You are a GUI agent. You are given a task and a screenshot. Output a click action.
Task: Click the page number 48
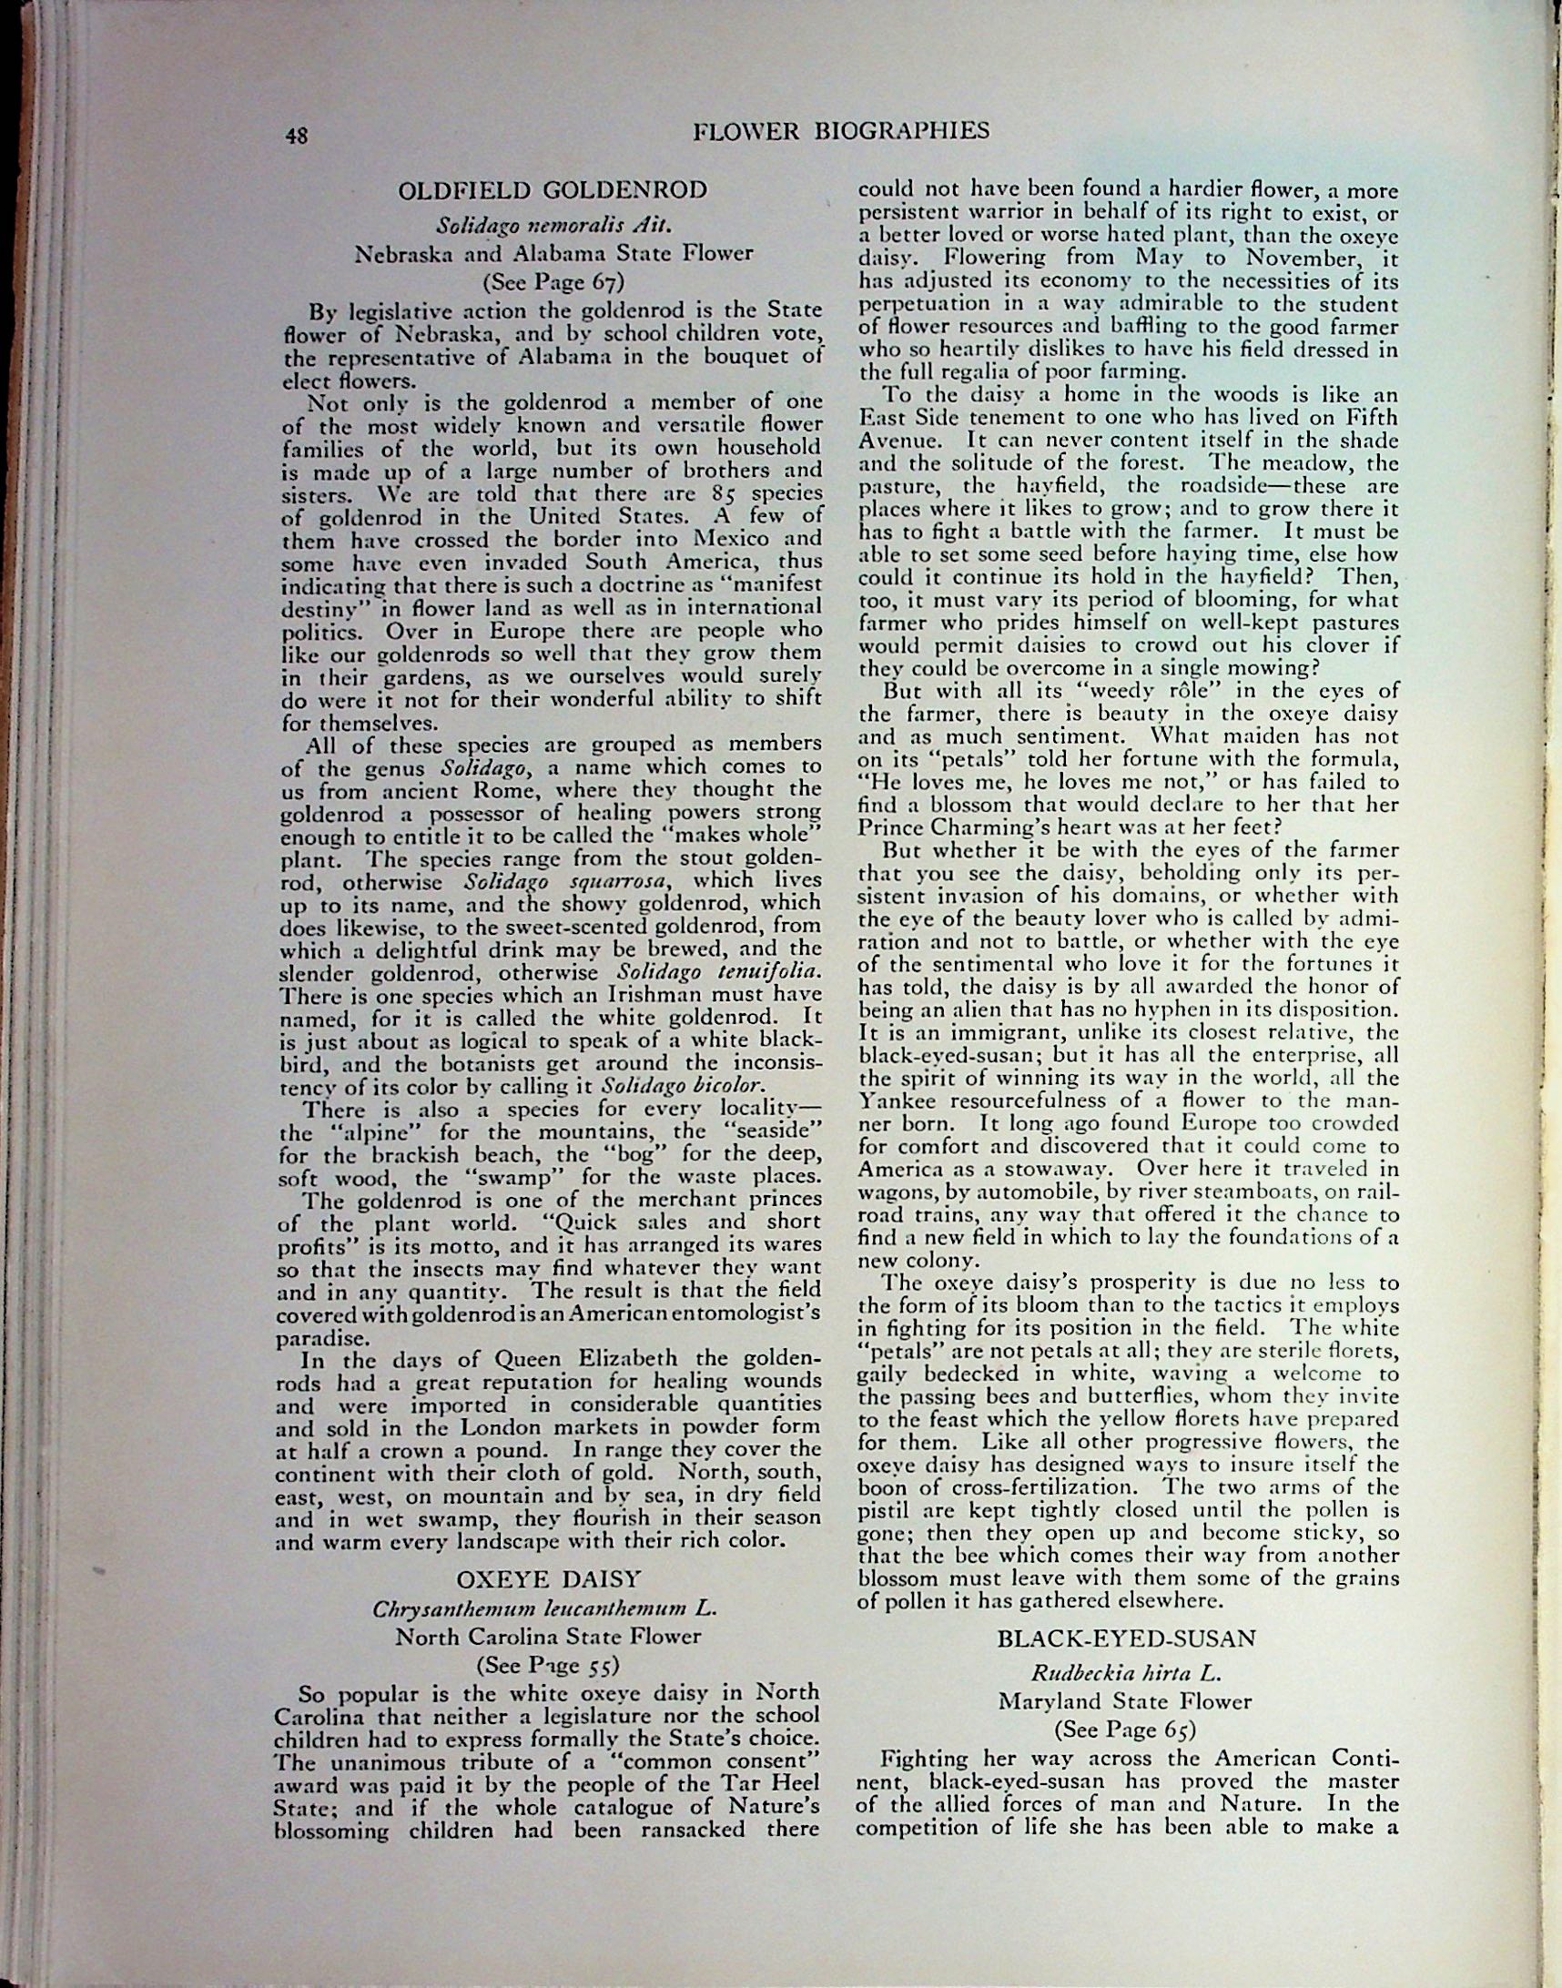pyautogui.click(x=296, y=136)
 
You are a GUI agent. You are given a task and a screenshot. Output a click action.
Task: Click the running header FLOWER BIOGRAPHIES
pyautogui.click(x=840, y=131)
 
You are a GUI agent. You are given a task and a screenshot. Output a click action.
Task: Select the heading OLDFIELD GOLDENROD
pyautogui.click(x=553, y=190)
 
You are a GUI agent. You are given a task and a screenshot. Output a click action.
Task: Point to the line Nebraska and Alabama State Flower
pyautogui.click(x=553, y=253)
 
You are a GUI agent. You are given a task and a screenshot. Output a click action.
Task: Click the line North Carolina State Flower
pyautogui.click(x=548, y=1637)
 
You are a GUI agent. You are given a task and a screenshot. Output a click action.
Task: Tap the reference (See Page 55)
pyautogui.click(x=548, y=1665)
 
